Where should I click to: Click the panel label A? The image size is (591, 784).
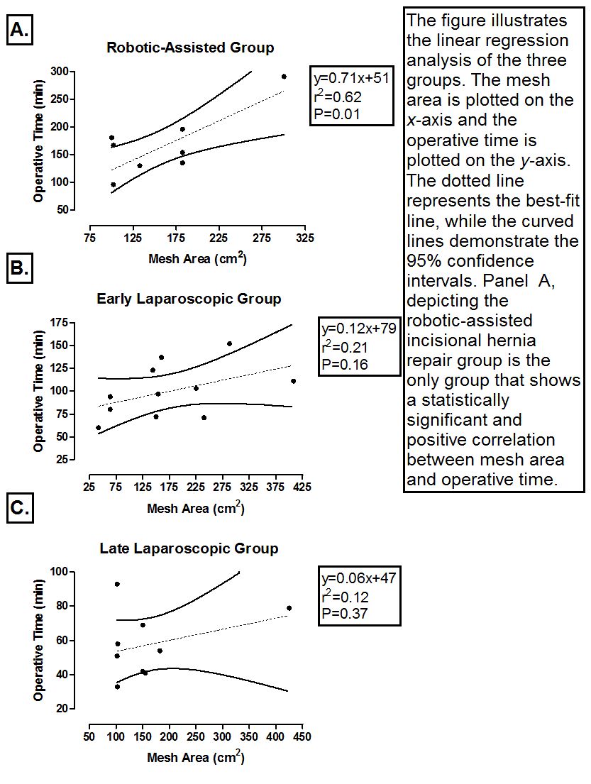coord(20,31)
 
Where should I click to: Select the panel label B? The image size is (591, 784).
coord(20,268)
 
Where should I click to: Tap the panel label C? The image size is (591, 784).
coord(20,508)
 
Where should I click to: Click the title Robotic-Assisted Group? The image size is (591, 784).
coord(190,48)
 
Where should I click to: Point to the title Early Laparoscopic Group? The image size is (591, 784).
coord(189,299)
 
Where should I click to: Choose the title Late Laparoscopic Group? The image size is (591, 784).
coord(189,548)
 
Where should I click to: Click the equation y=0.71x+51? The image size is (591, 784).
coord(351,78)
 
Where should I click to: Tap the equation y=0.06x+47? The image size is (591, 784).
coord(358,578)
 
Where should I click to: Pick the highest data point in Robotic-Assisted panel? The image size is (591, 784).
coord(284,77)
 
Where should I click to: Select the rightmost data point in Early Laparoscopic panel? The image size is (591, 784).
coord(293,381)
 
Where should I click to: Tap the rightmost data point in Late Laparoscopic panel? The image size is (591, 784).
coord(289,608)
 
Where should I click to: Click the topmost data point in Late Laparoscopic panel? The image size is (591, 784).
coord(117,584)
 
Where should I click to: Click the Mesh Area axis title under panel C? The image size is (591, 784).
coord(196,758)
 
